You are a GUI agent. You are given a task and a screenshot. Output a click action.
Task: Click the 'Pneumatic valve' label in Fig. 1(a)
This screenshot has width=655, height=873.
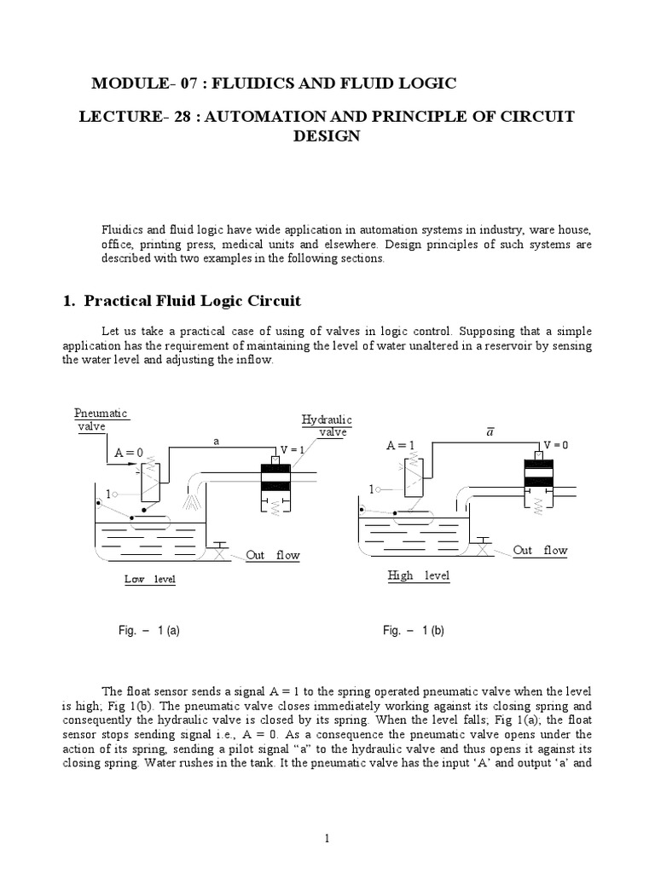click(x=101, y=419)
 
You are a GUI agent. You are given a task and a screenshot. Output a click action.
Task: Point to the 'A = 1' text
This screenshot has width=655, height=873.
click(x=402, y=445)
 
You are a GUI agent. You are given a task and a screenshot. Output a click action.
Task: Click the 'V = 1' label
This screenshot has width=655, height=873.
click(x=292, y=450)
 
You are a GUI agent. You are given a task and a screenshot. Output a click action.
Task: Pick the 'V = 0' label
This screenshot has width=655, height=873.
click(x=555, y=445)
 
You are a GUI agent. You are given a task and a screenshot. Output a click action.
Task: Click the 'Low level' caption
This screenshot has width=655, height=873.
click(x=150, y=580)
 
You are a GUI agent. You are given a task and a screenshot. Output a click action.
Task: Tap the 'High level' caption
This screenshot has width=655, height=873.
click(x=418, y=576)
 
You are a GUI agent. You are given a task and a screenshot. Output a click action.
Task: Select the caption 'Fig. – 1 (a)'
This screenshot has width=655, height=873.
click(x=148, y=631)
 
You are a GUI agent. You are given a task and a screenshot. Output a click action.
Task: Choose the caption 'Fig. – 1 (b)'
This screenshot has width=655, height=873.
click(x=414, y=631)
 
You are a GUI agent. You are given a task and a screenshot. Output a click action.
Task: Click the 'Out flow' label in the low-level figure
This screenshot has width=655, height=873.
click(x=273, y=556)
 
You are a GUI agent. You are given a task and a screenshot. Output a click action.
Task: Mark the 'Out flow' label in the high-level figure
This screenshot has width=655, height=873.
click(x=540, y=551)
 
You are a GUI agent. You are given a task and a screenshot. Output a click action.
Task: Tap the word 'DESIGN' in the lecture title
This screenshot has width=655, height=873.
click(x=327, y=136)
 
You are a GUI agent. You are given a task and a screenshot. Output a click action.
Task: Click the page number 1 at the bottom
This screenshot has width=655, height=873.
click(x=327, y=839)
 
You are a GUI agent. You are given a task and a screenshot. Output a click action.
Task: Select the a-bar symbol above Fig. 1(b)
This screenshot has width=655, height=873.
click(x=490, y=432)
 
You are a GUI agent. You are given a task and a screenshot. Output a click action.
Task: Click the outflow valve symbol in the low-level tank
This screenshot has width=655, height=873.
click(x=221, y=552)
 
